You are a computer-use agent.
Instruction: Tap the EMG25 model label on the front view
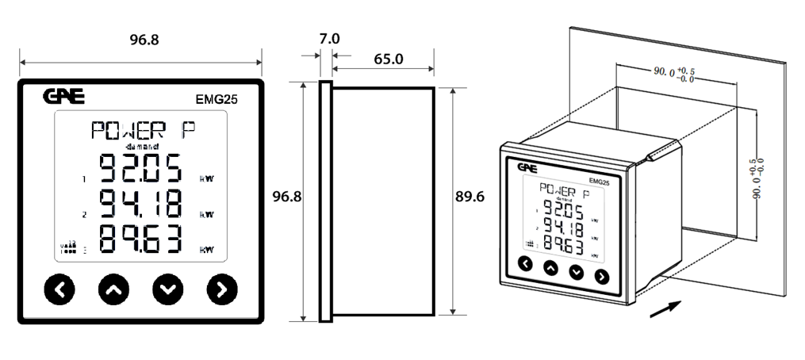(x=217, y=100)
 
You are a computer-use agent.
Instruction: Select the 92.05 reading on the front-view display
(x=140, y=170)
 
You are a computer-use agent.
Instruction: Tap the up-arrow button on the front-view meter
(x=113, y=290)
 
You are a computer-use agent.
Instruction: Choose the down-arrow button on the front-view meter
(x=167, y=290)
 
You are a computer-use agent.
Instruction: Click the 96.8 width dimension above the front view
(x=143, y=40)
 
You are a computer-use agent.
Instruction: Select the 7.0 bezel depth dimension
(x=329, y=38)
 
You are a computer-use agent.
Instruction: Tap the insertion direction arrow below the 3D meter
(x=665, y=308)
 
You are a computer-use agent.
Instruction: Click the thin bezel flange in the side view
(x=325, y=201)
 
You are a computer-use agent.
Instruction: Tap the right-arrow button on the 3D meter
(x=601, y=276)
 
